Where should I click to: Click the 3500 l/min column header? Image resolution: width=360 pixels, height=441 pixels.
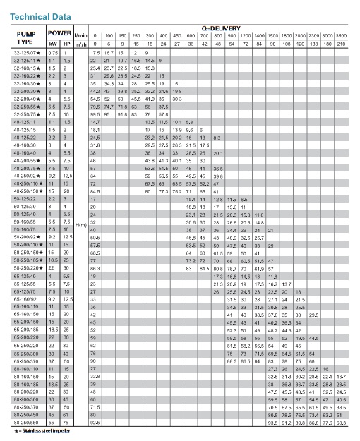(x=341, y=35)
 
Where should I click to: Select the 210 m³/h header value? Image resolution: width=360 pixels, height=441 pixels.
(x=341, y=44)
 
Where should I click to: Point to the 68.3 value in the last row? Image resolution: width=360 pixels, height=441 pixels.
(x=341, y=421)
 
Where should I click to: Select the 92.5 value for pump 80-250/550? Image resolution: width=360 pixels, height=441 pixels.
(x=95, y=421)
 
